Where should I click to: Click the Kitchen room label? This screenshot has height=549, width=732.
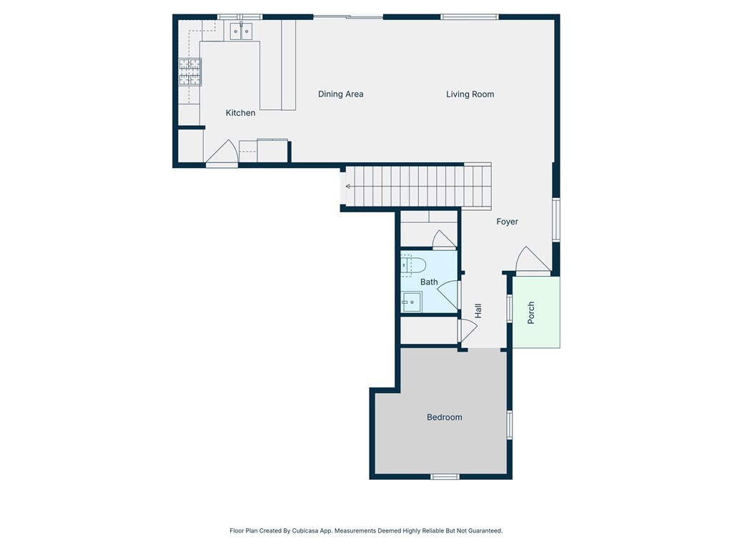point(240,113)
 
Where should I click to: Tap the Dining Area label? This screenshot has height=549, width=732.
point(340,94)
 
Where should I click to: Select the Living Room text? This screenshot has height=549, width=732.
point(470,94)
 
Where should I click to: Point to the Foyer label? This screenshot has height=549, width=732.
point(507,222)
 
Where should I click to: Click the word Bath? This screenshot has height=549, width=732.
point(429,282)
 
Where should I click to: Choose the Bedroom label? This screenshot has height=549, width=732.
point(444,417)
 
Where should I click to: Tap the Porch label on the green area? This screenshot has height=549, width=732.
point(531,312)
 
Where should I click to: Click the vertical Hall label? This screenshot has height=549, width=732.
point(478,310)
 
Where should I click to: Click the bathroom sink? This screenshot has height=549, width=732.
point(411,302)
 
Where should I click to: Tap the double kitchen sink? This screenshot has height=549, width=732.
point(241,31)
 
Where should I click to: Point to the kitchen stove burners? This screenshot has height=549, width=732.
point(189,72)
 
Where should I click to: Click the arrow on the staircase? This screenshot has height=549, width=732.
point(348,186)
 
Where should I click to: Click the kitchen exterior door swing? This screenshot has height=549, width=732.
point(223,152)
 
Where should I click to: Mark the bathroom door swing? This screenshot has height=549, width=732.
point(449,293)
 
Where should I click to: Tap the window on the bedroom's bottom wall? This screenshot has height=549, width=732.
point(445,476)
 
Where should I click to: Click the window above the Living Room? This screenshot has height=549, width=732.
point(469,16)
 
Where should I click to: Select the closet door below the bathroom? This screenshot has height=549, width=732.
point(466,330)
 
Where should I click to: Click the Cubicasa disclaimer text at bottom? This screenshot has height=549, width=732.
point(366,530)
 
